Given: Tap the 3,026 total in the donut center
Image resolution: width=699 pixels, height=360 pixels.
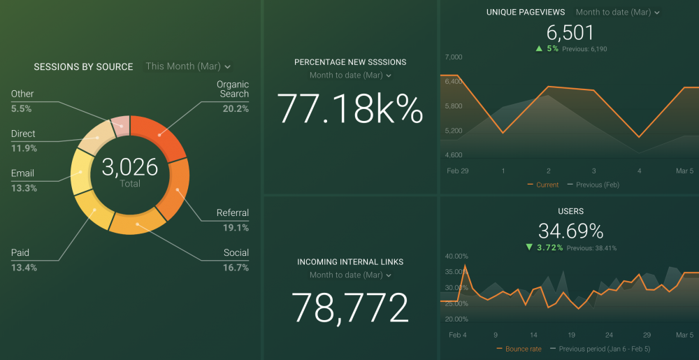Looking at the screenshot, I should [x=130, y=167].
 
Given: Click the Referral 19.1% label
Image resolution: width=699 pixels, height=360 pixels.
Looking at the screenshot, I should [x=233, y=219].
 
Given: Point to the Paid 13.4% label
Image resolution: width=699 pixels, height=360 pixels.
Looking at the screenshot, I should [x=24, y=259].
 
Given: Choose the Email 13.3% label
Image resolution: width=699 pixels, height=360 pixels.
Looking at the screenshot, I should [x=23, y=180].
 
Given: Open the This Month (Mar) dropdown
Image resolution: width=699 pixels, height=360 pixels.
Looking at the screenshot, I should [x=187, y=66].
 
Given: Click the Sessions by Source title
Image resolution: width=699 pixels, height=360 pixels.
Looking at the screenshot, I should [x=83, y=67].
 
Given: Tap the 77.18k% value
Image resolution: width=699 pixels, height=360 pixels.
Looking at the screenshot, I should [x=350, y=109].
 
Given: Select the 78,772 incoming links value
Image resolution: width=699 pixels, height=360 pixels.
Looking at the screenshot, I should [x=349, y=307].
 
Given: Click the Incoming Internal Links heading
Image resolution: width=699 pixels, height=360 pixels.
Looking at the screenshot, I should [x=350, y=262].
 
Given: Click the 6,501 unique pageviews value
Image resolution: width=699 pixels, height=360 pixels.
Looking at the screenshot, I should [x=570, y=33].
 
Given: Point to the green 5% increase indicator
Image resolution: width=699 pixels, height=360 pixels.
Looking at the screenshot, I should [x=547, y=49].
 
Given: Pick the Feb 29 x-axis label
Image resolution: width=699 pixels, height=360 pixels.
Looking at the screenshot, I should [x=458, y=171].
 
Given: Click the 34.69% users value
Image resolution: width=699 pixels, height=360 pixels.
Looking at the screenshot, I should [x=570, y=231].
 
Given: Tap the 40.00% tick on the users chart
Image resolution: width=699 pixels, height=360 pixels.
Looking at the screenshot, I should [x=456, y=256].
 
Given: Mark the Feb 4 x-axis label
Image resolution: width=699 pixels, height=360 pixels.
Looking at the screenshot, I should [x=457, y=335].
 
